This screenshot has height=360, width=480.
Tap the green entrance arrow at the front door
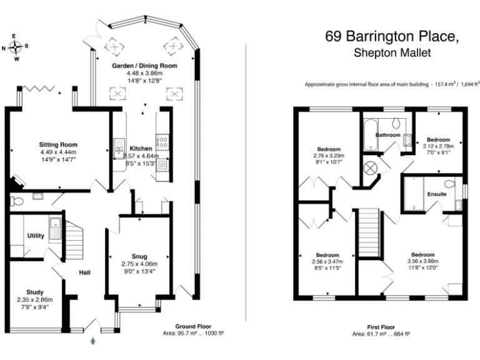[x=94, y=341]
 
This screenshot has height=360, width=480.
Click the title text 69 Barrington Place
[x=392, y=36]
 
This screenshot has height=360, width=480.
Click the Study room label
[x=34, y=292]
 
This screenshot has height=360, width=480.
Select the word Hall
[x=85, y=272]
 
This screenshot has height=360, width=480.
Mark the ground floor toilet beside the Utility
[x=17, y=201]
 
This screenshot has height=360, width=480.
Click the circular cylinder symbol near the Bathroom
[x=370, y=168]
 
